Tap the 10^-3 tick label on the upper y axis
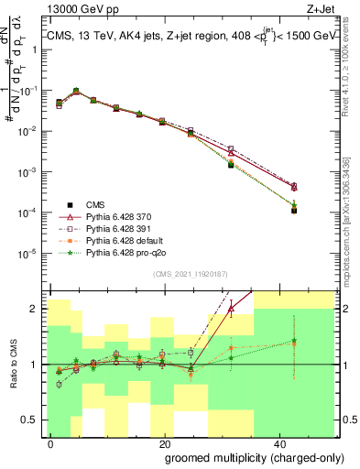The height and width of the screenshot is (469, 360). click(x=29, y=171)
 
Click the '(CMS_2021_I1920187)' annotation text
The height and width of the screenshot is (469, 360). click(x=193, y=273)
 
